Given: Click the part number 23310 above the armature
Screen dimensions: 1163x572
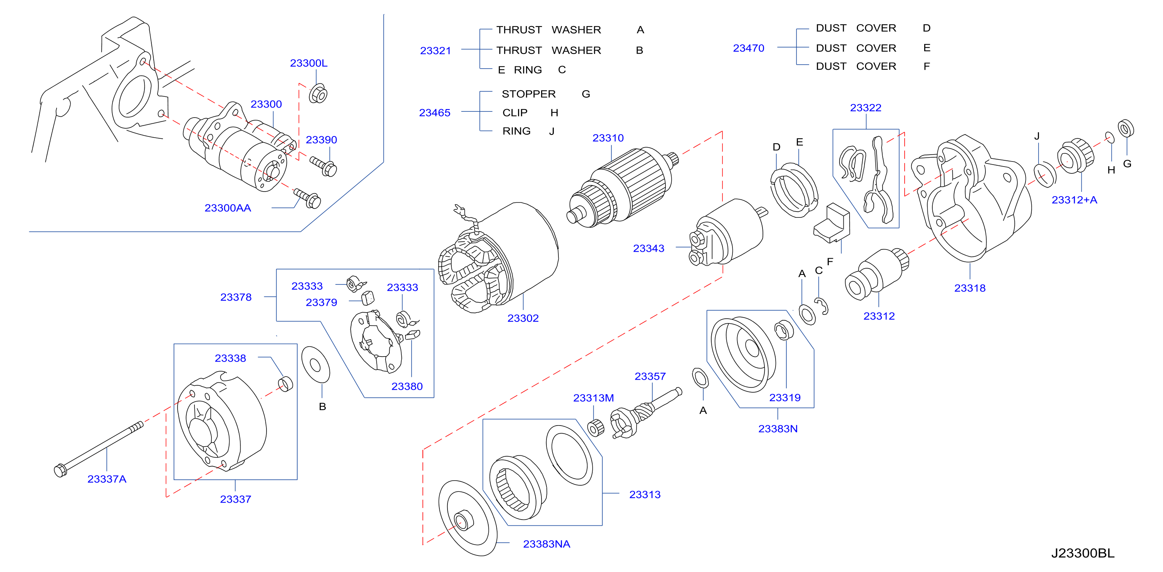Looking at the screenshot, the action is click(x=608, y=138).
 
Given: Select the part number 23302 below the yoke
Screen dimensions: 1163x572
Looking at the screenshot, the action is click(x=523, y=318).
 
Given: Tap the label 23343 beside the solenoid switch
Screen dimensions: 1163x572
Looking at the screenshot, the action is click(x=649, y=248).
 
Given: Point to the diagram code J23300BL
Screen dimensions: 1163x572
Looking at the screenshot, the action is click(x=1083, y=553).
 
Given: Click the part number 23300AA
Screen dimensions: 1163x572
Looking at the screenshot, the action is click(x=228, y=208).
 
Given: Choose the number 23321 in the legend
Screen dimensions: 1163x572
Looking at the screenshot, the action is click(x=435, y=50).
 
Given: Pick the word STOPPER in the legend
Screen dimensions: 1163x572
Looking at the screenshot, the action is click(x=529, y=94).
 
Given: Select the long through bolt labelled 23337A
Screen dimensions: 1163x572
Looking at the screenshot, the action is click(x=99, y=449).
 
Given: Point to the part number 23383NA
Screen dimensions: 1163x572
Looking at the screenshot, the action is click(x=546, y=544).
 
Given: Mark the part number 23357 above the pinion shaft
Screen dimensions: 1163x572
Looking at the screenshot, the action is click(x=650, y=376).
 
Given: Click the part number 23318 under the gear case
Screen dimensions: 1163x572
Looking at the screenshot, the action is click(x=970, y=288).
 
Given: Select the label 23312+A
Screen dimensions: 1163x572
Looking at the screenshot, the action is click(x=1074, y=200).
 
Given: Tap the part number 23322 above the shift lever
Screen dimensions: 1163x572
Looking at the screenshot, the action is click(x=865, y=108).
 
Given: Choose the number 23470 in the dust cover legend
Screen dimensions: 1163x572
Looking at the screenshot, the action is click(x=749, y=48).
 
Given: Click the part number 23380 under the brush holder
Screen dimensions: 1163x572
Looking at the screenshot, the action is click(x=407, y=386).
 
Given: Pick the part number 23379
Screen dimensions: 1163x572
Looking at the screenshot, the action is click(x=321, y=302).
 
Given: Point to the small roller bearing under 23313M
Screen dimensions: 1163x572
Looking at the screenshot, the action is click(x=596, y=427).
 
